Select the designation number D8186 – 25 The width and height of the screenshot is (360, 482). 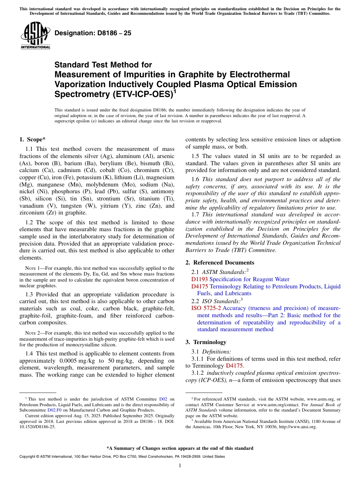tap(93, 33)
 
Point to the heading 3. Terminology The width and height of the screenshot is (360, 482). tap(206, 342)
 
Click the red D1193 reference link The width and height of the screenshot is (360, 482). tap(199, 279)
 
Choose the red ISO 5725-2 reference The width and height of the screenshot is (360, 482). tap(206, 308)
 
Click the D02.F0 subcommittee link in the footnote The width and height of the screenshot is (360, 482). tap(54, 409)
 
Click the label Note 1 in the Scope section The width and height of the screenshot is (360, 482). tap(32, 268)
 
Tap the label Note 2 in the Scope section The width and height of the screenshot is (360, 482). tap(32, 333)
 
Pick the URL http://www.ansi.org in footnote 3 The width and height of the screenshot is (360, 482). tap(297, 427)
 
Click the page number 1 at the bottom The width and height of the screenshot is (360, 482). tap(180, 466)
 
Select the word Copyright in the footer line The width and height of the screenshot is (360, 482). tap(28, 457)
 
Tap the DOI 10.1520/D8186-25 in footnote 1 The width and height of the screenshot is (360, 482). tap(38, 427)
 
